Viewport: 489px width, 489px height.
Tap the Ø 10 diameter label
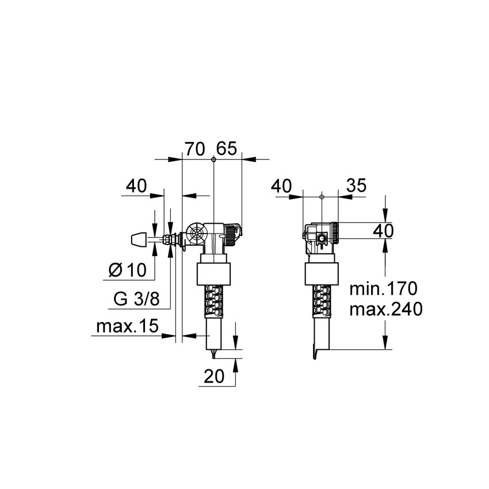tap(127, 269)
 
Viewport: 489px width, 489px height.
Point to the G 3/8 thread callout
tap(134, 299)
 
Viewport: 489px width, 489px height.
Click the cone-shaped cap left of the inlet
tap(136, 238)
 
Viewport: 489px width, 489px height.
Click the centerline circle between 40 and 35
tap(322, 197)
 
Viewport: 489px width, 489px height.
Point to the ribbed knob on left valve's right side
tap(231, 234)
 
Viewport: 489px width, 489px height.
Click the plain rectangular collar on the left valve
tap(213, 274)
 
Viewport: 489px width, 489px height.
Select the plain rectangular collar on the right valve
tap(321, 274)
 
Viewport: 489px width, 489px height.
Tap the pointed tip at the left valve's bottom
tap(214, 354)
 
